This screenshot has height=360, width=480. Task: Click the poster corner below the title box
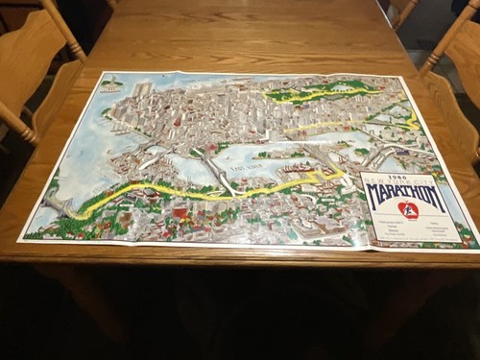[x=476, y=252]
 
